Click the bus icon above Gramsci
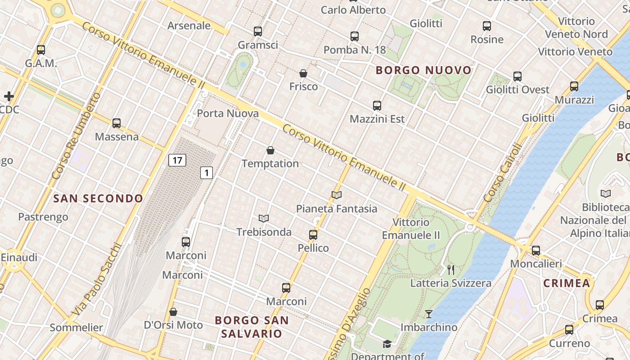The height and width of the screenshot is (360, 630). tap(258, 31)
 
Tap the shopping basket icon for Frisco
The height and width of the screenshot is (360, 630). tap(303, 73)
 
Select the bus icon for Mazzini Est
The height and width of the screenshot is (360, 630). tap(377, 106)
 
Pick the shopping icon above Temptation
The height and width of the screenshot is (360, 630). tap(270, 150)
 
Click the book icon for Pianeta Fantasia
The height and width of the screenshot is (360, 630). tap(337, 195)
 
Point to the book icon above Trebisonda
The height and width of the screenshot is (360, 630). tap(264, 219)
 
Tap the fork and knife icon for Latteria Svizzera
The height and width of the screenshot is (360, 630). tap(451, 270)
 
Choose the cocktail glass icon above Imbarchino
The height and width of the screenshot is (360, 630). tap(429, 314)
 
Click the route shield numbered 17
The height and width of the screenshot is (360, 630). tap(178, 160)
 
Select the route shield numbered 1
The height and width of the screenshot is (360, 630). tap(207, 172)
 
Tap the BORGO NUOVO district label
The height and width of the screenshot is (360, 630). tap(423, 70)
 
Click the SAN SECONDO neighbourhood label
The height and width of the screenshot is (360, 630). tap(98, 198)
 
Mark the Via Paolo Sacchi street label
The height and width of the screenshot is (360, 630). tap(97, 279)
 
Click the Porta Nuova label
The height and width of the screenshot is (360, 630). tap(228, 113)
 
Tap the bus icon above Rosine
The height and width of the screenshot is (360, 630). tap(487, 26)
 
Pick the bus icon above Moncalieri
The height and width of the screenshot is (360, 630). tap(536, 251)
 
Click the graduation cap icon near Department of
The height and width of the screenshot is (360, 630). tap(387, 344)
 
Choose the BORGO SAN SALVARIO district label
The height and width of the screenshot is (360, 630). tap(252, 327)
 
